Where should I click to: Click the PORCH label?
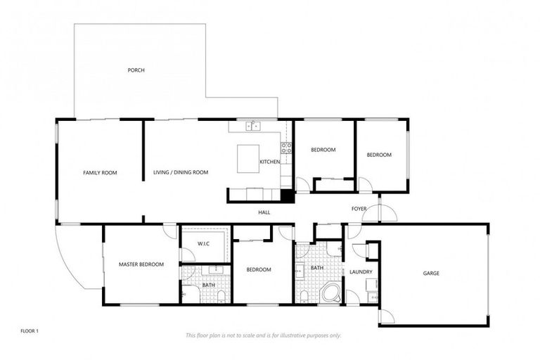pos(136,70)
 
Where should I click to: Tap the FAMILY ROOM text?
pos(100,172)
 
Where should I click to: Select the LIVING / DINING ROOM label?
pos(181,172)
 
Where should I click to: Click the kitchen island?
pos(248,157)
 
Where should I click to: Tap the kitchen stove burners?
pos(286,148)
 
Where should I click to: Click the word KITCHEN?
pos(270,162)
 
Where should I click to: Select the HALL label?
pos(264,212)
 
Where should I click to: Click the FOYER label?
pos(359,209)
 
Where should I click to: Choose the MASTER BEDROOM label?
pos(141,264)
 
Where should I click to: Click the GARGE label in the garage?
pos(431,273)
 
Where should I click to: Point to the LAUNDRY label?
pos(361,271)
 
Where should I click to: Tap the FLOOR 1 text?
pos(30,330)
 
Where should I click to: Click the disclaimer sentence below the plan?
pos(263,335)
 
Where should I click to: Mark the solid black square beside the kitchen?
pos(287,196)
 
